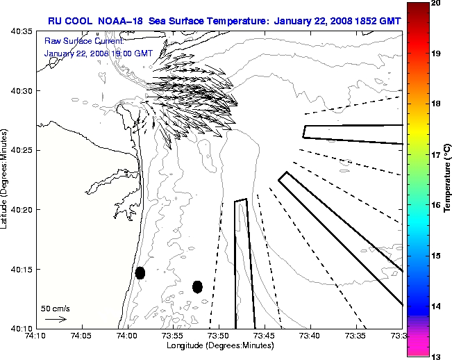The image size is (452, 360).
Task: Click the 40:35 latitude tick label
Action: point(22,32)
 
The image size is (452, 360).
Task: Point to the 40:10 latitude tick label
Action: point(22,328)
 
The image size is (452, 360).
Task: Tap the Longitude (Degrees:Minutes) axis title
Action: point(219,346)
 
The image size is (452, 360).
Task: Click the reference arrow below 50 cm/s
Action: point(56,319)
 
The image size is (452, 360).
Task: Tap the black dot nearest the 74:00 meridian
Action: point(140,272)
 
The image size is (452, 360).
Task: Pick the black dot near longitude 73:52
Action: point(197,286)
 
